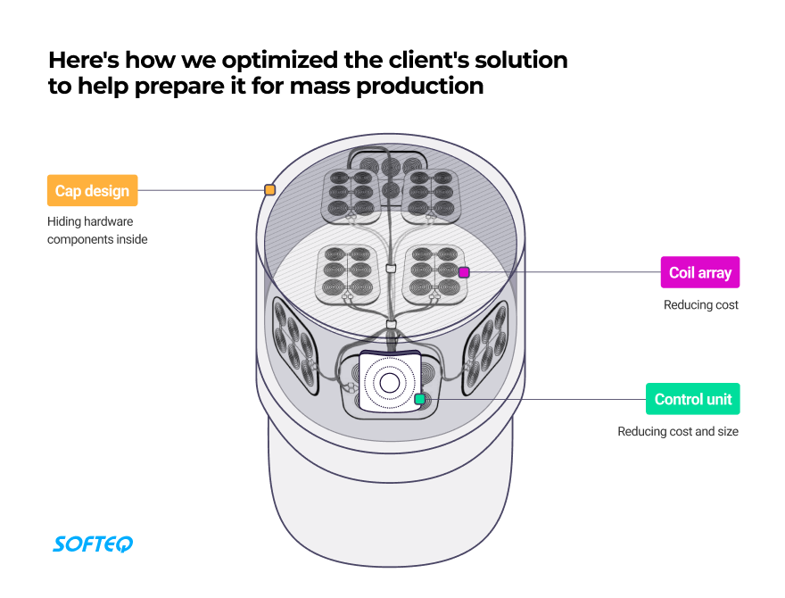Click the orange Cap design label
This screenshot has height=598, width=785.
pyautogui.click(x=92, y=190)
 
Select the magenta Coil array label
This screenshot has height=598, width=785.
pyautogui.click(x=699, y=272)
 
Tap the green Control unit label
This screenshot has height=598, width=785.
pyautogui.click(x=692, y=399)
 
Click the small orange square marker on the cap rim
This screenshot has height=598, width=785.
pyautogui.click(x=269, y=189)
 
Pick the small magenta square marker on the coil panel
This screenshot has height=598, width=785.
pyautogui.click(x=464, y=272)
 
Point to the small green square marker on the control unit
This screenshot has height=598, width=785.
pyautogui.click(x=419, y=399)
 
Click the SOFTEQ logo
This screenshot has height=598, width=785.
pyautogui.click(x=93, y=543)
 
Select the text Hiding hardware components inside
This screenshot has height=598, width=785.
pyautogui.click(x=97, y=230)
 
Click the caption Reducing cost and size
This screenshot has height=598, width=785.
pyautogui.click(x=678, y=432)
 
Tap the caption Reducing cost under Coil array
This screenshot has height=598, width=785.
pyautogui.click(x=701, y=305)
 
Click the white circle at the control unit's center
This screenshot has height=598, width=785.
pyautogui.click(x=389, y=383)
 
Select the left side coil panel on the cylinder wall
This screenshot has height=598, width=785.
pyautogui.click(x=292, y=345)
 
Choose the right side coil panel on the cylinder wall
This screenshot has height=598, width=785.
pyautogui.click(x=487, y=343)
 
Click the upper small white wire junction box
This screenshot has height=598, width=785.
pyautogui.click(x=390, y=269)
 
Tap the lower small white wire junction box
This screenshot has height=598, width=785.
pyautogui.click(x=390, y=323)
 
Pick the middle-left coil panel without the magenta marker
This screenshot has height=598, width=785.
pyautogui.click(x=343, y=272)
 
